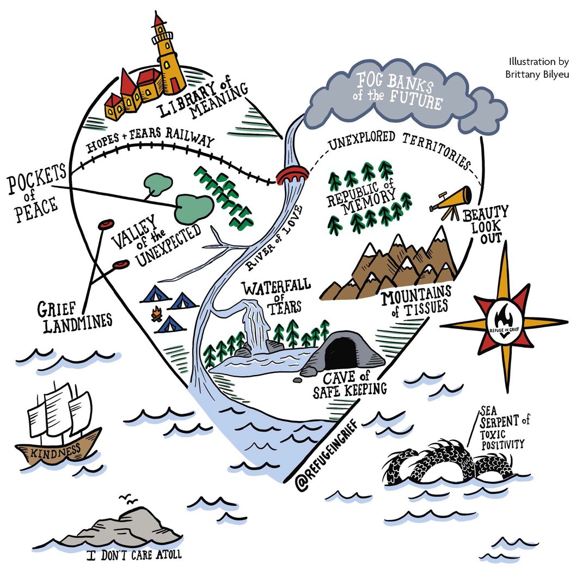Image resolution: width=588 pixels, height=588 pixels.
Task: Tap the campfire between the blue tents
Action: click(157, 314)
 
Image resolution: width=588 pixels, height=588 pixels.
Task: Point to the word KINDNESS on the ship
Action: click(56, 451)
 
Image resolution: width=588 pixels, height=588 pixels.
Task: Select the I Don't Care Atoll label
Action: click(134, 555)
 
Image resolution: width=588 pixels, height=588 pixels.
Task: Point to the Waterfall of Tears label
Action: click(277, 297)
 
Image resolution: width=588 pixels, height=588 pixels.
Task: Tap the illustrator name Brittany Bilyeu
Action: click(537, 74)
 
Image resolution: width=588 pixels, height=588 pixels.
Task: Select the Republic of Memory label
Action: click(362, 198)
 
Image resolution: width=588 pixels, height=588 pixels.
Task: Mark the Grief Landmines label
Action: click(74, 317)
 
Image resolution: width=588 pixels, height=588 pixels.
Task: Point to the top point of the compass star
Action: click(505, 242)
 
